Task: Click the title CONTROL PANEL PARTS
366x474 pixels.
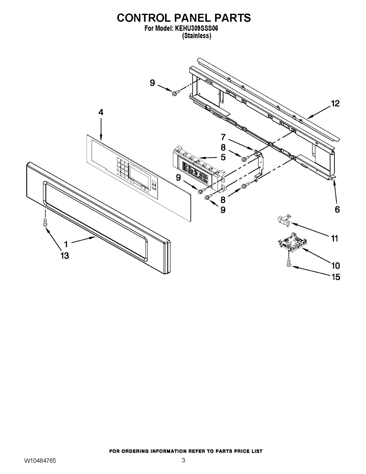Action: [184, 18]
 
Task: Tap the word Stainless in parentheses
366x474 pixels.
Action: [196, 36]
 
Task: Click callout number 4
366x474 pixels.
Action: [101, 113]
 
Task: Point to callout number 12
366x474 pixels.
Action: [335, 104]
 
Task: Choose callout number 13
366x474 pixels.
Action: [64, 256]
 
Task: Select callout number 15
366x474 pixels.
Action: [335, 277]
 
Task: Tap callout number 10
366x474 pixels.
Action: [335, 265]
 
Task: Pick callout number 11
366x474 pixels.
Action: [334, 239]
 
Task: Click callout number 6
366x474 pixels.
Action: [337, 210]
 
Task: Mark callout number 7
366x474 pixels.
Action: [223, 137]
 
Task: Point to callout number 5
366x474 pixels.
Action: [223, 158]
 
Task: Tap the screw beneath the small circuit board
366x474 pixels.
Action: [289, 263]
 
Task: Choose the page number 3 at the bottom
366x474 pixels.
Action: [183, 460]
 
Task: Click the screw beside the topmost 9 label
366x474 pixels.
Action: [174, 92]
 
